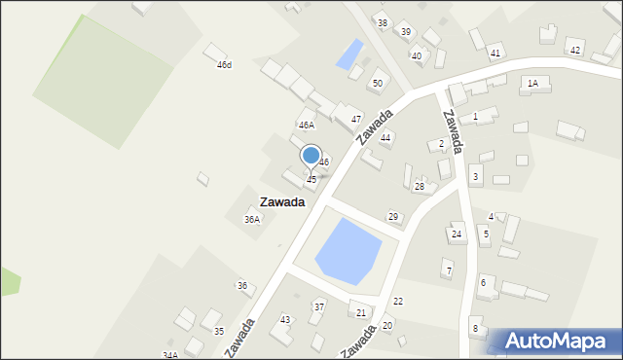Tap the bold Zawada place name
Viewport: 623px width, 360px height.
(282, 202)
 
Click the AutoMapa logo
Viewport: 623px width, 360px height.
(553, 342)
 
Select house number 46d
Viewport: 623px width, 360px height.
(224, 65)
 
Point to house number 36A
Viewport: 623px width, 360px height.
(252, 220)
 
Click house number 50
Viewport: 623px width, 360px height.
(377, 84)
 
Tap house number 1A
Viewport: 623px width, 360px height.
(532, 84)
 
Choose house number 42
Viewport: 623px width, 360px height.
(575, 51)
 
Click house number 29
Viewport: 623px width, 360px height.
(393, 216)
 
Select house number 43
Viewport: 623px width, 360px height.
(285, 320)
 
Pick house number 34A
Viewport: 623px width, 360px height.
(170, 355)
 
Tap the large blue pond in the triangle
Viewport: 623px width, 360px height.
(348, 250)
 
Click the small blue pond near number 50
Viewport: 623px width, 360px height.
(349, 54)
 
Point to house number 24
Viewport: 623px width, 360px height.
(456, 234)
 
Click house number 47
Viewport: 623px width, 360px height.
(356, 120)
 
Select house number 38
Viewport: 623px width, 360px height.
(382, 23)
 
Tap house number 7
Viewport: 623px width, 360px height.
(448, 269)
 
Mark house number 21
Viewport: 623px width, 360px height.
(361, 312)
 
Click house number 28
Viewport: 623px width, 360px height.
(420, 186)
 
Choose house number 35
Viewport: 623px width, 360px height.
(219, 332)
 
